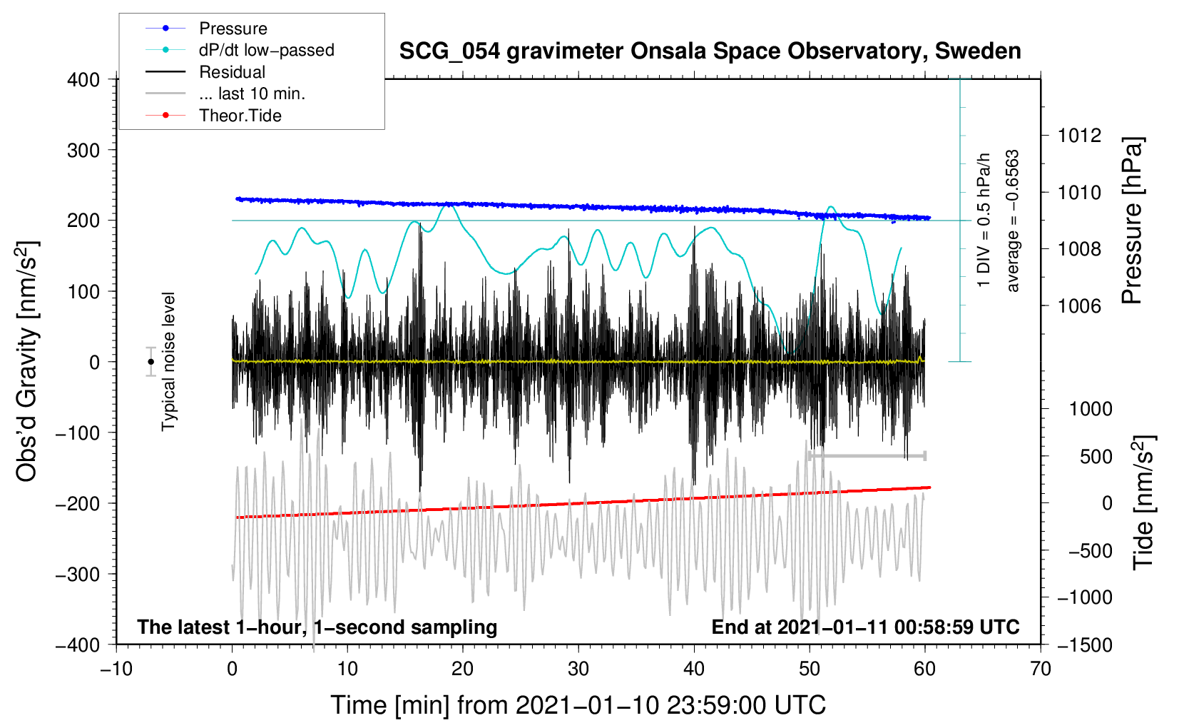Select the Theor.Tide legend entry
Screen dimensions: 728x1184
coord(240,116)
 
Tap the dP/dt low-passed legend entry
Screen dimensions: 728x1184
coord(266,50)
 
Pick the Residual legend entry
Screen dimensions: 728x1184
coord(232,72)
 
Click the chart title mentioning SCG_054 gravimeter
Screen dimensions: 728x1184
coord(710,51)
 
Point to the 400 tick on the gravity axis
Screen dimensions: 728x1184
coord(84,80)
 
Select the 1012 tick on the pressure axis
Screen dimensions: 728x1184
coord(1079,136)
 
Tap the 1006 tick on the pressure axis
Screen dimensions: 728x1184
coord(1079,306)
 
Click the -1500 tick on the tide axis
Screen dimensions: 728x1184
coord(1084,644)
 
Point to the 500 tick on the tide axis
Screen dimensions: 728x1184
coord(1096,456)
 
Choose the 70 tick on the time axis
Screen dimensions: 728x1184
coord(1040,669)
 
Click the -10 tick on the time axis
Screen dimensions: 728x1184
coord(116,669)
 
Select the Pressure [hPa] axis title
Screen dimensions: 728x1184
coord(1133,221)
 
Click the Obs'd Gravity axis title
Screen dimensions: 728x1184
coord(26,362)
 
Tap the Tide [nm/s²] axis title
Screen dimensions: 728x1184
coord(1143,502)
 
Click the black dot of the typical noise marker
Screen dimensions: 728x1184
coord(151,362)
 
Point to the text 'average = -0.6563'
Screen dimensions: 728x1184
coord(1013,221)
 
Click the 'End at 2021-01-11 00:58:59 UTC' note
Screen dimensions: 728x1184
coord(865,627)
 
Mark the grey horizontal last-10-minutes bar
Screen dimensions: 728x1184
coord(867,455)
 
